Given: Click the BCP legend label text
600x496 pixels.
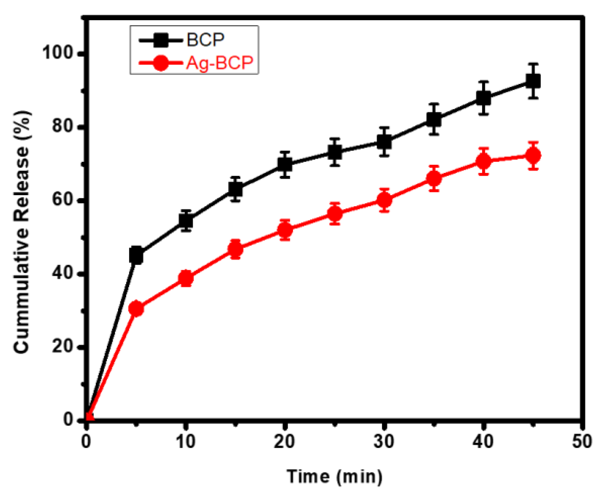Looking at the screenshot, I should pos(205,40).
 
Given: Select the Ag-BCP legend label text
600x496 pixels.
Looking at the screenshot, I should pos(220,62).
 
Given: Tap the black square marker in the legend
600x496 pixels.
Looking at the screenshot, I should pos(161,40).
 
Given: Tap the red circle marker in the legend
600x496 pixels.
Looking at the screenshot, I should pos(160,63).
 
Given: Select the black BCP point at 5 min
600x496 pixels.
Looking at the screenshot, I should pos(136,255).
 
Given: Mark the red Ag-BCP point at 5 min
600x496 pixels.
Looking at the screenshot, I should pos(136,308).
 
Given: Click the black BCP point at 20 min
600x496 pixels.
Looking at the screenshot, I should pos(285,164).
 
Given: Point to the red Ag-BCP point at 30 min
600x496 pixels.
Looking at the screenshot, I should pos(384,200).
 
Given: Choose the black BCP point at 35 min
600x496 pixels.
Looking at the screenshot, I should pos(434,119).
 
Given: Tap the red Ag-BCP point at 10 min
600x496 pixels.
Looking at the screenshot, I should pos(186,278).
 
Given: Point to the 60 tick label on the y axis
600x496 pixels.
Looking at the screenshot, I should pos(62,199).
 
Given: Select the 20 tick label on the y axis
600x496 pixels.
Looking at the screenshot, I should pos(62,346).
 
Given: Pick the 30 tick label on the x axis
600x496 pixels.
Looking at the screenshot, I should pos(384,441).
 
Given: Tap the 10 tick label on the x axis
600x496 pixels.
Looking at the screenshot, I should pos(185,441).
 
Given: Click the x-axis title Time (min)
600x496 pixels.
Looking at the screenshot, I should pos(335,476).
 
